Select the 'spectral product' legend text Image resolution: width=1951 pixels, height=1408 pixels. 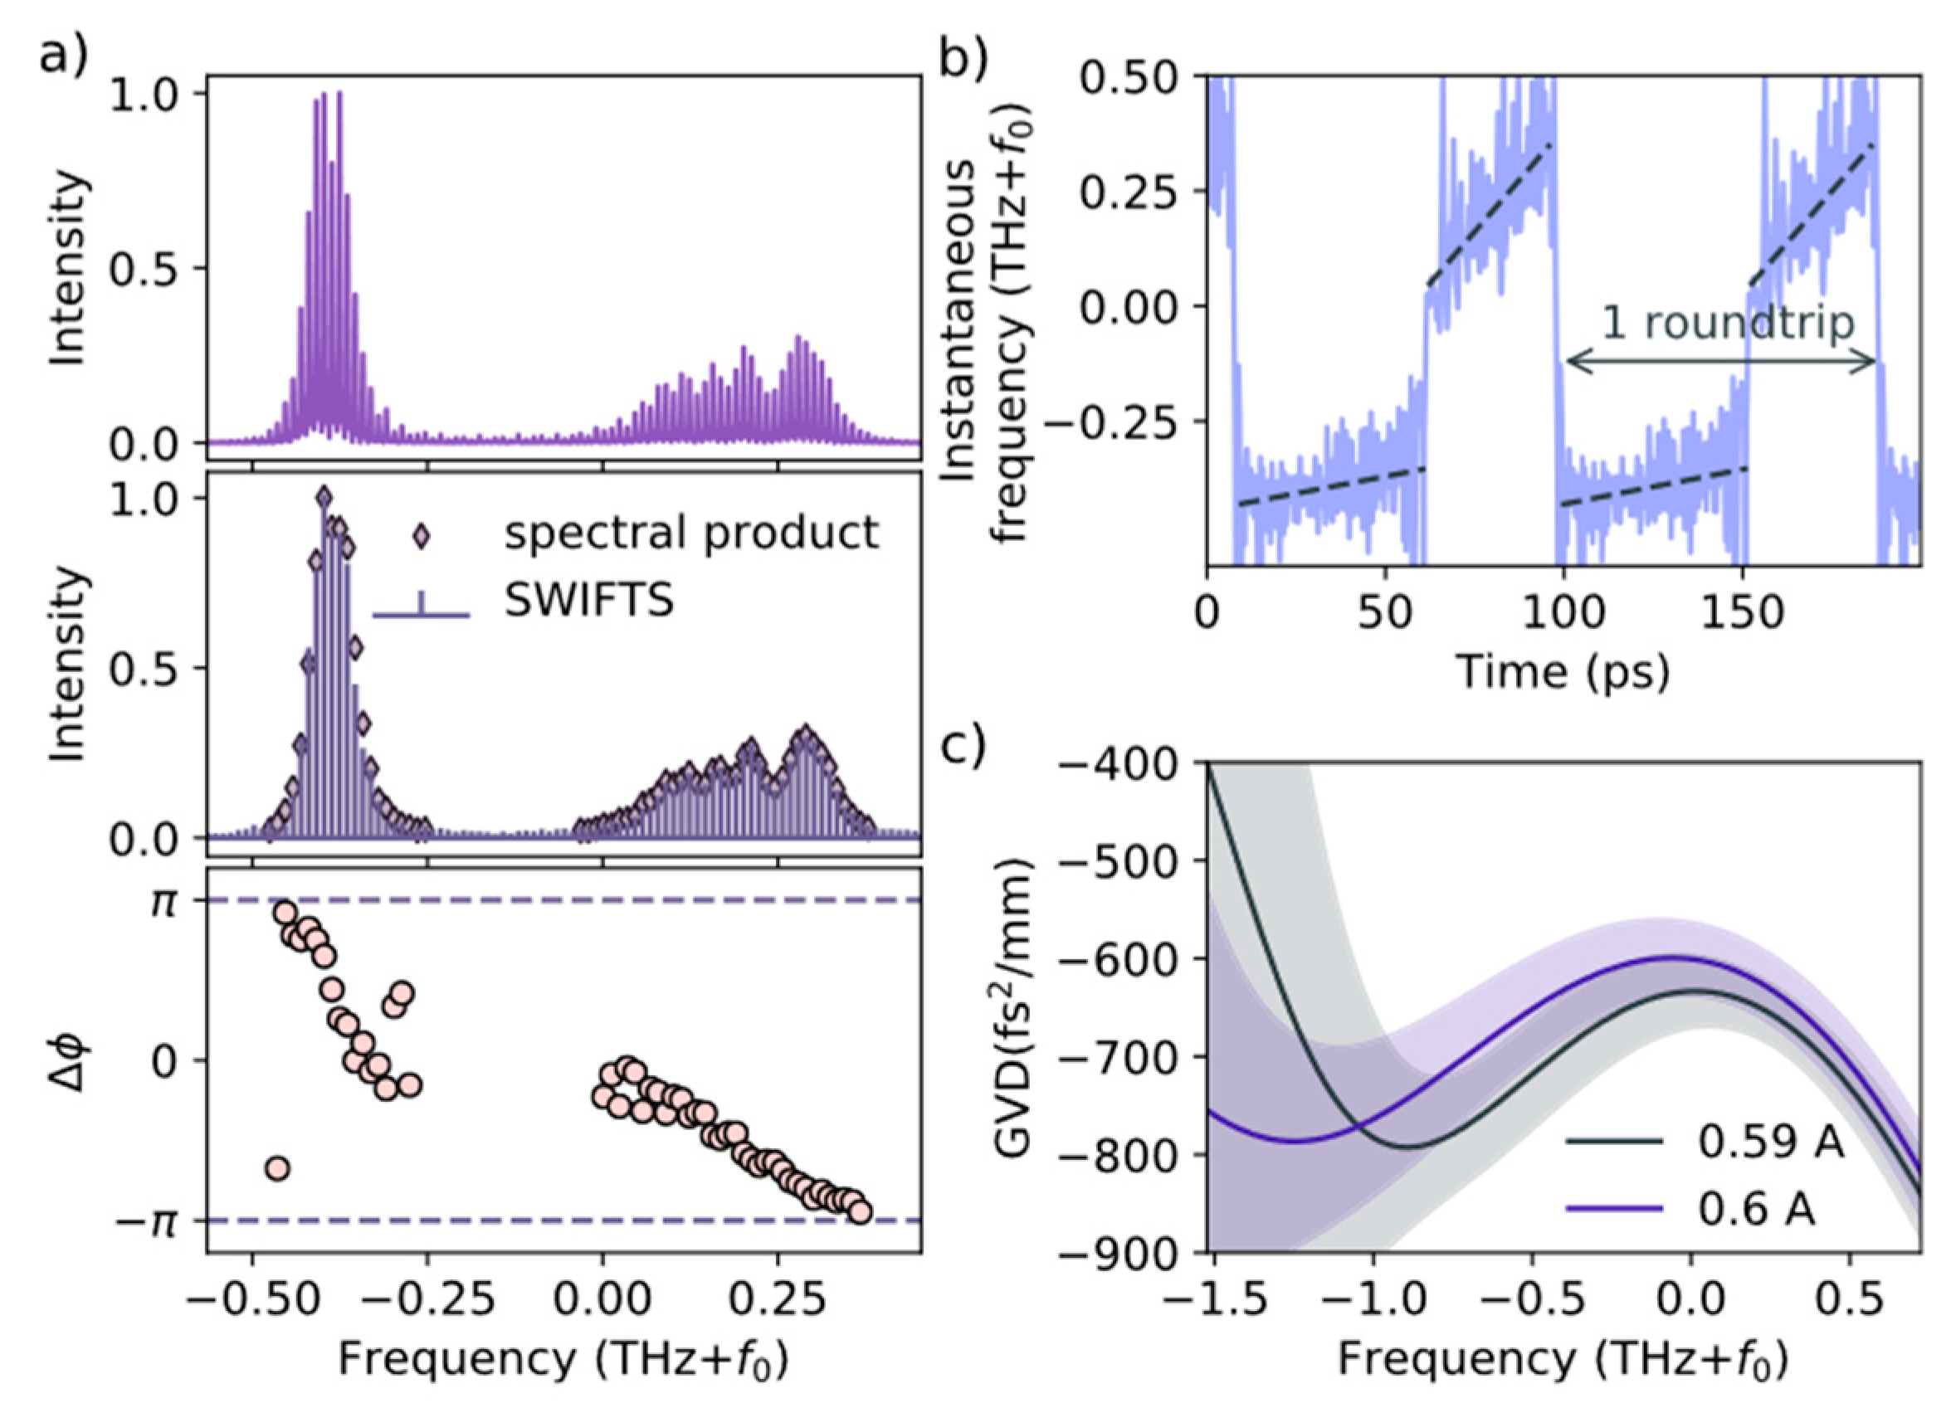(x=691, y=533)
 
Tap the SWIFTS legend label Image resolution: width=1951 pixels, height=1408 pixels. (x=588, y=602)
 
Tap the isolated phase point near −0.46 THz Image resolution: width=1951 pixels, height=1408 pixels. (x=277, y=1168)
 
